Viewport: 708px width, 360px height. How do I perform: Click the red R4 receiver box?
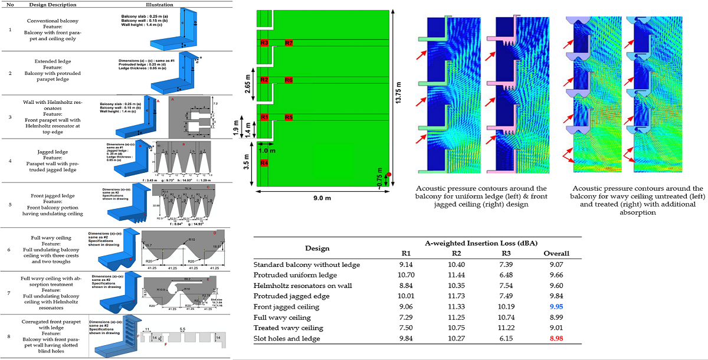click(264, 162)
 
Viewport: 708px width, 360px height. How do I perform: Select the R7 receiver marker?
click(289, 43)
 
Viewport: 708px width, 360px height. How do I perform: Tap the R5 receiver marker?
click(289, 117)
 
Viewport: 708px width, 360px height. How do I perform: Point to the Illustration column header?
click(159, 5)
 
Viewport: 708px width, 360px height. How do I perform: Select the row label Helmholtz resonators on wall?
click(299, 286)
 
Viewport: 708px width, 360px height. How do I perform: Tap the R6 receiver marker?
click(289, 80)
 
